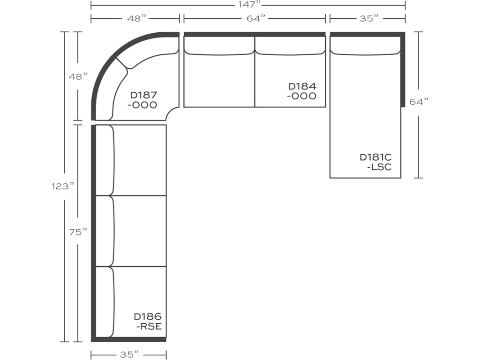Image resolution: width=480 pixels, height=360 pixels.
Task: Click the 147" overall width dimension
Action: pos(248,5)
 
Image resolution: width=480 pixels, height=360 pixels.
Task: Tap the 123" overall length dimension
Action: pos(63,186)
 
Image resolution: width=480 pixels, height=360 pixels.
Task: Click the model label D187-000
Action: pos(142,100)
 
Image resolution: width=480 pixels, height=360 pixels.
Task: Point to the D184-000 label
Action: pos(302,91)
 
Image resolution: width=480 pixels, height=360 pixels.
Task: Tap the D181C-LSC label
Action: pos(375,162)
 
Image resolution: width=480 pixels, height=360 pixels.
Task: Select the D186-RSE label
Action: pos(148,321)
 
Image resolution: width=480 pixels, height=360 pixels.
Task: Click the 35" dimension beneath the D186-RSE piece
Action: pos(127,354)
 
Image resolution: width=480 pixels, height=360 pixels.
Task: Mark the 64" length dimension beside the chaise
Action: pos(419,101)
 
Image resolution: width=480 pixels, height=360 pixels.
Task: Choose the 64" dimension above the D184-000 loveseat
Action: pos(255,18)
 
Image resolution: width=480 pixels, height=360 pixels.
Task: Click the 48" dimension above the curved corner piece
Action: pos(135,18)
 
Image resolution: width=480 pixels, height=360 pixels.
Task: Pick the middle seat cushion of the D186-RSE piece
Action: pos(140,231)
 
